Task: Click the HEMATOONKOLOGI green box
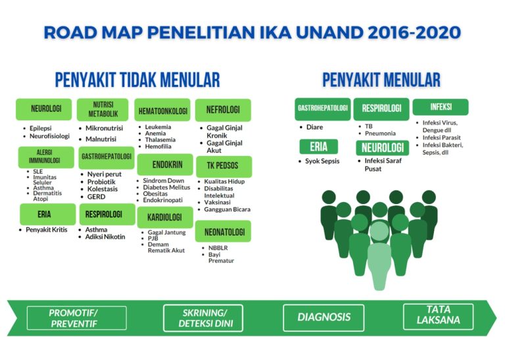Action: click(164, 110)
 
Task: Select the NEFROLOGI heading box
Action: click(223, 110)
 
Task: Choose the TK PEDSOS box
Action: click(223, 165)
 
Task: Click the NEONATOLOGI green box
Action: click(223, 232)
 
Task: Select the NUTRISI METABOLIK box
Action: click(102, 109)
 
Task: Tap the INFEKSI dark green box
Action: click(441, 107)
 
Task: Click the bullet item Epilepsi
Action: click(41, 128)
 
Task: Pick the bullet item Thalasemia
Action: click(160, 140)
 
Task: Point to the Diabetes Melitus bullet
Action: click(166, 188)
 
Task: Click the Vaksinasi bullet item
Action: click(222, 202)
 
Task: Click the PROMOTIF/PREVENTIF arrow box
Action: click(67, 318)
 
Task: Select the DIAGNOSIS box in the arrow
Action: click(324, 317)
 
